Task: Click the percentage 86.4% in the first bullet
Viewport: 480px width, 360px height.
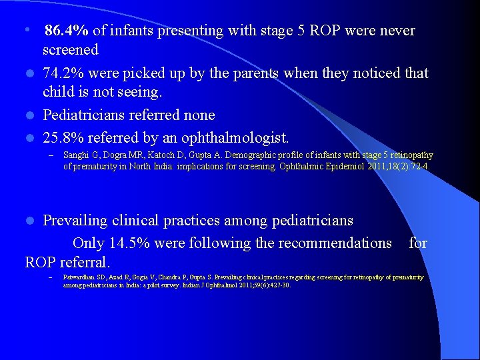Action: click(67, 31)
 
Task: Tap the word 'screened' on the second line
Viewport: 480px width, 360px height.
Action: click(71, 50)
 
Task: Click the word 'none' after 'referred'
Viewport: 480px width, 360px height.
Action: click(199, 115)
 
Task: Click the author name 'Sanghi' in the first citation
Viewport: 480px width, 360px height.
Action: click(75, 155)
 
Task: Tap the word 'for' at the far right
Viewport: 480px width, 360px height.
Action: click(418, 243)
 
